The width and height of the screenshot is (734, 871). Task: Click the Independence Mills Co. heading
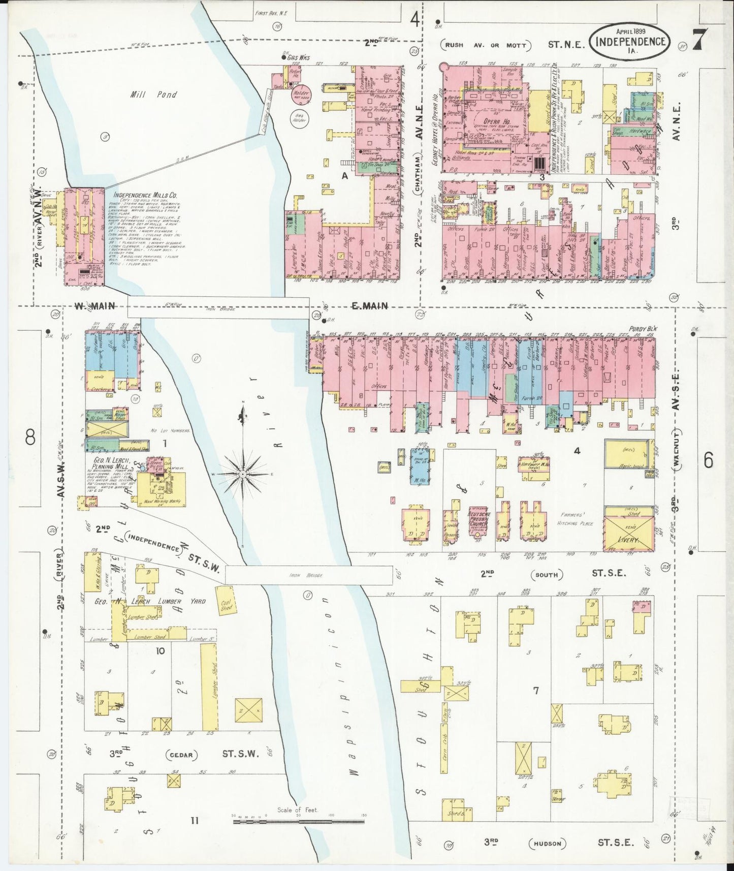pos(145,195)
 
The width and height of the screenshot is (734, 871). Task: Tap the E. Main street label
pos(370,305)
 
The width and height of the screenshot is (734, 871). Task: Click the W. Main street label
pos(94,305)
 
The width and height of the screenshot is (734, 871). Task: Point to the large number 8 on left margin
pos(30,437)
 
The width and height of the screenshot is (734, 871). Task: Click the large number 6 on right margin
pos(708,460)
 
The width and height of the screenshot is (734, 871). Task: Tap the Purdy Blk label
pos(643,329)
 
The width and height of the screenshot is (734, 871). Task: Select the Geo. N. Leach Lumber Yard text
pos(150,601)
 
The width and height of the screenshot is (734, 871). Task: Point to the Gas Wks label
pos(298,58)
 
